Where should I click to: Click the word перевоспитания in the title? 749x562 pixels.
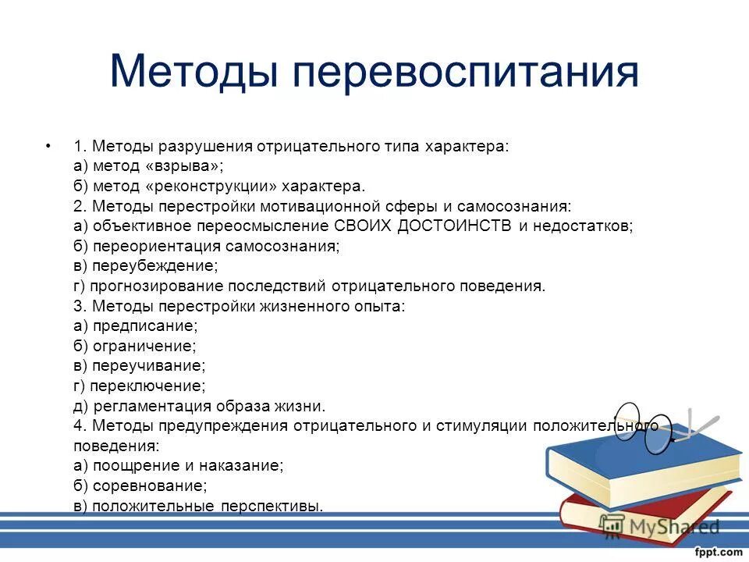[465, 72]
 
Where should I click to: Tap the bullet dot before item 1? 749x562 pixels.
[49, 146]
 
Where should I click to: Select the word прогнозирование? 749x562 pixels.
[155, 286]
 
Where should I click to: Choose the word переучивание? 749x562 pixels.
[149, 366]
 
